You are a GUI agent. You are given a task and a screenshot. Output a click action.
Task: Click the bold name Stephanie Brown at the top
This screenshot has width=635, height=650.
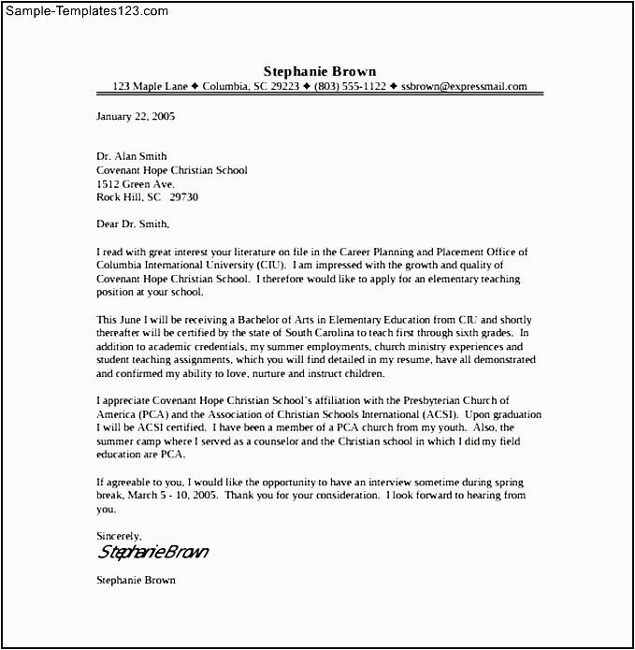tap(319, 71)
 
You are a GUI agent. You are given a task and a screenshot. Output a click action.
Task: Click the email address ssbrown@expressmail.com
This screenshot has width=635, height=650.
tap(464, 87)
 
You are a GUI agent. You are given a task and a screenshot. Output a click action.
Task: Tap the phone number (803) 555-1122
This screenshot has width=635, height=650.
tap(350, 87)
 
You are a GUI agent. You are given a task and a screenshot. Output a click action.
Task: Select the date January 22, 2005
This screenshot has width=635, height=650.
tap(136, 117)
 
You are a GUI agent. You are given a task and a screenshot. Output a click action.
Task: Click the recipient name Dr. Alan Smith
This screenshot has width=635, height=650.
tap(132, 156)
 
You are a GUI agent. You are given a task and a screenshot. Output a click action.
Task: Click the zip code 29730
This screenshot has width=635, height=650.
tap(183, 197)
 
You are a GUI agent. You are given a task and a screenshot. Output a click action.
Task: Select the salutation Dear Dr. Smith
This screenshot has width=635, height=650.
tap(134, 224)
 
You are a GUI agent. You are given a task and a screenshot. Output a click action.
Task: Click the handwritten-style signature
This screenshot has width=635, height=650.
tap(152, 552)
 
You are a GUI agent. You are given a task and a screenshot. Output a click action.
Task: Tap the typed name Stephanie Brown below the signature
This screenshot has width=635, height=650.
tap(136, 580)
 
